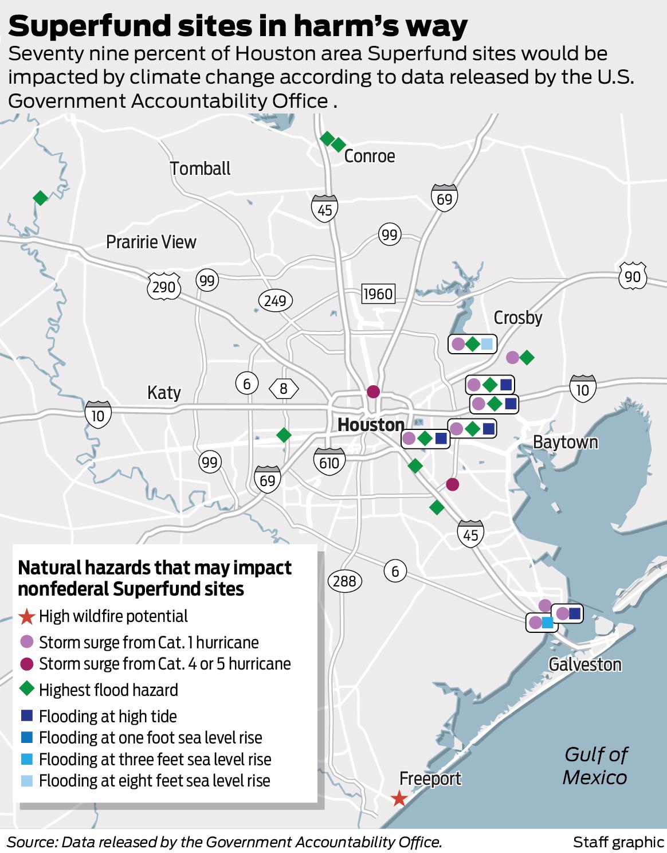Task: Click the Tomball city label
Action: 200,169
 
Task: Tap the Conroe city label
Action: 369,156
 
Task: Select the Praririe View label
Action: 151,242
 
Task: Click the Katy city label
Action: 164,393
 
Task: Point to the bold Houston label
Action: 371,425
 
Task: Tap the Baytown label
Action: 565,442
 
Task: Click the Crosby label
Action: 517,317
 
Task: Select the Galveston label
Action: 584,664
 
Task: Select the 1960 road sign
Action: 378,294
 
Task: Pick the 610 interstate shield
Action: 329,461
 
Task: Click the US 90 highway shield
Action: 632,276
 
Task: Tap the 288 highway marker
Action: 344,581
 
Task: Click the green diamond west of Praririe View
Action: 40,198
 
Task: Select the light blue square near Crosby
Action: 486,344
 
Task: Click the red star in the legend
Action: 26,617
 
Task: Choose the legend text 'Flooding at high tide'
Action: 108,716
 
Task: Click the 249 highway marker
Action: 275,300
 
